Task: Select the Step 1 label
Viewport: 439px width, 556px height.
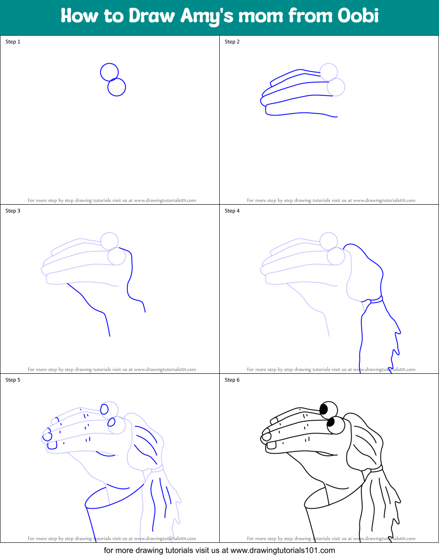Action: click(x=13, y=42)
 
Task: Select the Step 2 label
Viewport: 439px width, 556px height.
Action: click(x=232, y=42)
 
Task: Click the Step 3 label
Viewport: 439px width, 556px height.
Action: click(x=13, y=211)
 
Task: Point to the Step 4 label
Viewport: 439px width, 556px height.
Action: click(x=232, y=211)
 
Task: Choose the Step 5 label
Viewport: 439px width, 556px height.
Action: click(x=13, y=380)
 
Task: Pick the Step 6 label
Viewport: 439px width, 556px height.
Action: click(x=232, y=380)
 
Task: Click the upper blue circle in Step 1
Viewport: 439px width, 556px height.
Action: click(x=109, y=72)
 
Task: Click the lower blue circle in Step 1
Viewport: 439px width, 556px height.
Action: click(x=117, y=87)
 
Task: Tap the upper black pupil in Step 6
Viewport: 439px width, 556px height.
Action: click(x=324, y=409)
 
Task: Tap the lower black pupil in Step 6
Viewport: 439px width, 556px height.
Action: click(x=330, y=422)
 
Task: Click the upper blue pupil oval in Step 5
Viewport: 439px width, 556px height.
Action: click(x=104, y=409)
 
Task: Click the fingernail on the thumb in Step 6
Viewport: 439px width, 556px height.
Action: click(x=271, y=445)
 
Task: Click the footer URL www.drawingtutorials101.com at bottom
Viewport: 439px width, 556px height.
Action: click(x=283, y=550)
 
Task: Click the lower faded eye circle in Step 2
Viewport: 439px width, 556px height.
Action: click(x=336, y=87)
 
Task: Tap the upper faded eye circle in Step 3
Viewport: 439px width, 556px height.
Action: click(x=109, y=241)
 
